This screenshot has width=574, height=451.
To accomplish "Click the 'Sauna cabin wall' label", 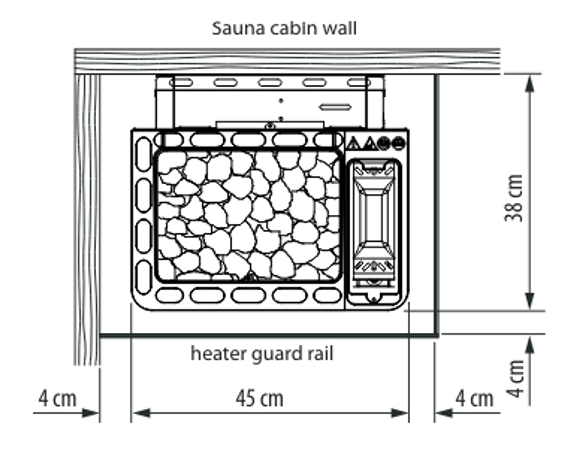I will coord(284,29).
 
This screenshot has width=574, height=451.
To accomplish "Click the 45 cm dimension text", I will coord(259,399).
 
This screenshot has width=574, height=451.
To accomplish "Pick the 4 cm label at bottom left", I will coord(57,399).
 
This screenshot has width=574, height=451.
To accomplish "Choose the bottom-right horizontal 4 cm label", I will coord(474,399).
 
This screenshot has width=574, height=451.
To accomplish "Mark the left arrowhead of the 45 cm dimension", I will coord(141,413).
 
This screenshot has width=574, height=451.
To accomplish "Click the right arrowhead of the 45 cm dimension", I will coord(399,413).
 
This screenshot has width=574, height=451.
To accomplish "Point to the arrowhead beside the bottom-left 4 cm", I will coord(90,413).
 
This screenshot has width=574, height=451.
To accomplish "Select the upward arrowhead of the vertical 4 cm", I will coord(530,345).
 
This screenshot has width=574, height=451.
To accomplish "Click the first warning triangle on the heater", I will coord(354,143).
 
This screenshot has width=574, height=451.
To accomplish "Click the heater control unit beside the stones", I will coord(374,231).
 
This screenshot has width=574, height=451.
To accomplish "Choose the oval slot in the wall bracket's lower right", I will coord(335,107).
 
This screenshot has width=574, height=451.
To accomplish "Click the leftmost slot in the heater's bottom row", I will coord(170,296).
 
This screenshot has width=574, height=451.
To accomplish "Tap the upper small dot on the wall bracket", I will coord(281,101).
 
